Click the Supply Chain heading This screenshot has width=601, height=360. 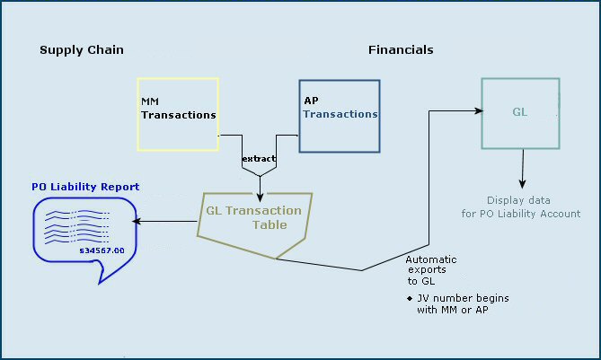[x=82, y=49]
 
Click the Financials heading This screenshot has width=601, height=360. [x=401, y=49]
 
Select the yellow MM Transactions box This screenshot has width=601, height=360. [x=178, y=114]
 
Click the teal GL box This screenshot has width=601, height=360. [x=520, y=113]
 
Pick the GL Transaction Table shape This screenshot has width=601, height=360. [x=256, y=219]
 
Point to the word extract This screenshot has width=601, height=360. [x=259, y=159]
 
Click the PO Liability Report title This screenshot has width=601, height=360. [x=85, y=187]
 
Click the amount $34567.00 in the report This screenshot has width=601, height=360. [x=102, y=250]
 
